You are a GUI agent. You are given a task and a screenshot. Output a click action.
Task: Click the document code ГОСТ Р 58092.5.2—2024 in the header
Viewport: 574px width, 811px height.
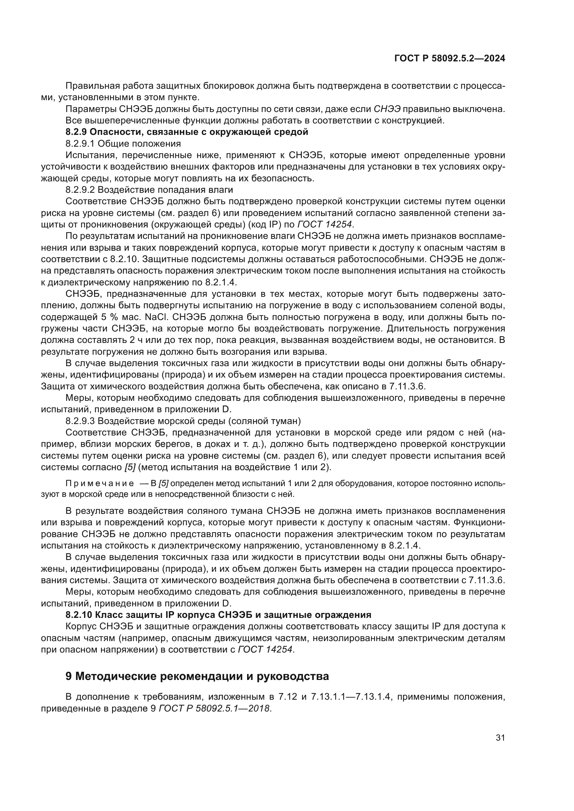(449, 59)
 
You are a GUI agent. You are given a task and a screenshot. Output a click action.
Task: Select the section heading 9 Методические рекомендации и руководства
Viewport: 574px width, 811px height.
(197, 676)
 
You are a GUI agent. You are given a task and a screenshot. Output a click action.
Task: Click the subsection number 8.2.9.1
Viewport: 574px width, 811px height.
(80, 144)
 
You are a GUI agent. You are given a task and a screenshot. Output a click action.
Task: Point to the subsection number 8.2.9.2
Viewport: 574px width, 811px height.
(80, 190)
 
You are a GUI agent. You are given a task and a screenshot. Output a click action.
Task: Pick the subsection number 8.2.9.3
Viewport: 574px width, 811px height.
(80, 421)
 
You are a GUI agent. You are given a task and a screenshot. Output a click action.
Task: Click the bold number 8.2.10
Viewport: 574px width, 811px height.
(78, 615)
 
